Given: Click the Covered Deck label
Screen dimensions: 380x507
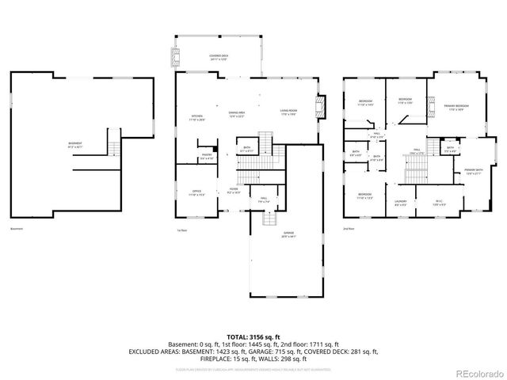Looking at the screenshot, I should [x=218, y=57].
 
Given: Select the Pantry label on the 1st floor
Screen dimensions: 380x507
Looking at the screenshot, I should [x=206, y=156].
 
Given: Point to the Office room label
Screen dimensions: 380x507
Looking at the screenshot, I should [x=196, y=192].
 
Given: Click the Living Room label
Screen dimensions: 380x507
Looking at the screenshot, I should [x=288, y=112].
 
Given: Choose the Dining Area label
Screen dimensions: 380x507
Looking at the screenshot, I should [x=235, y=114].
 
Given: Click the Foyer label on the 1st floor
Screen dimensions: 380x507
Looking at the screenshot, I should [x=234, y=191].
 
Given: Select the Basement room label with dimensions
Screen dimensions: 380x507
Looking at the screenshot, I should [x=75, y=145].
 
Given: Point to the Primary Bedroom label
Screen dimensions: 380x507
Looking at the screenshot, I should [x=456, y=107].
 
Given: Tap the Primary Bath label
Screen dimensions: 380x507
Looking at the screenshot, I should [x=474, y=172].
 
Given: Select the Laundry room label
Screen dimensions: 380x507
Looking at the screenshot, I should [x=401, y=203].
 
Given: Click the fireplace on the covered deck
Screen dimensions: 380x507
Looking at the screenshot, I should [x=176, y=56].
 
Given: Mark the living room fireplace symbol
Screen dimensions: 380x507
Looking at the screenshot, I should [x=320, y=107].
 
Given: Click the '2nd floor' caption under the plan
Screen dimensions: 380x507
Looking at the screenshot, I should [x=349, y=230].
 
